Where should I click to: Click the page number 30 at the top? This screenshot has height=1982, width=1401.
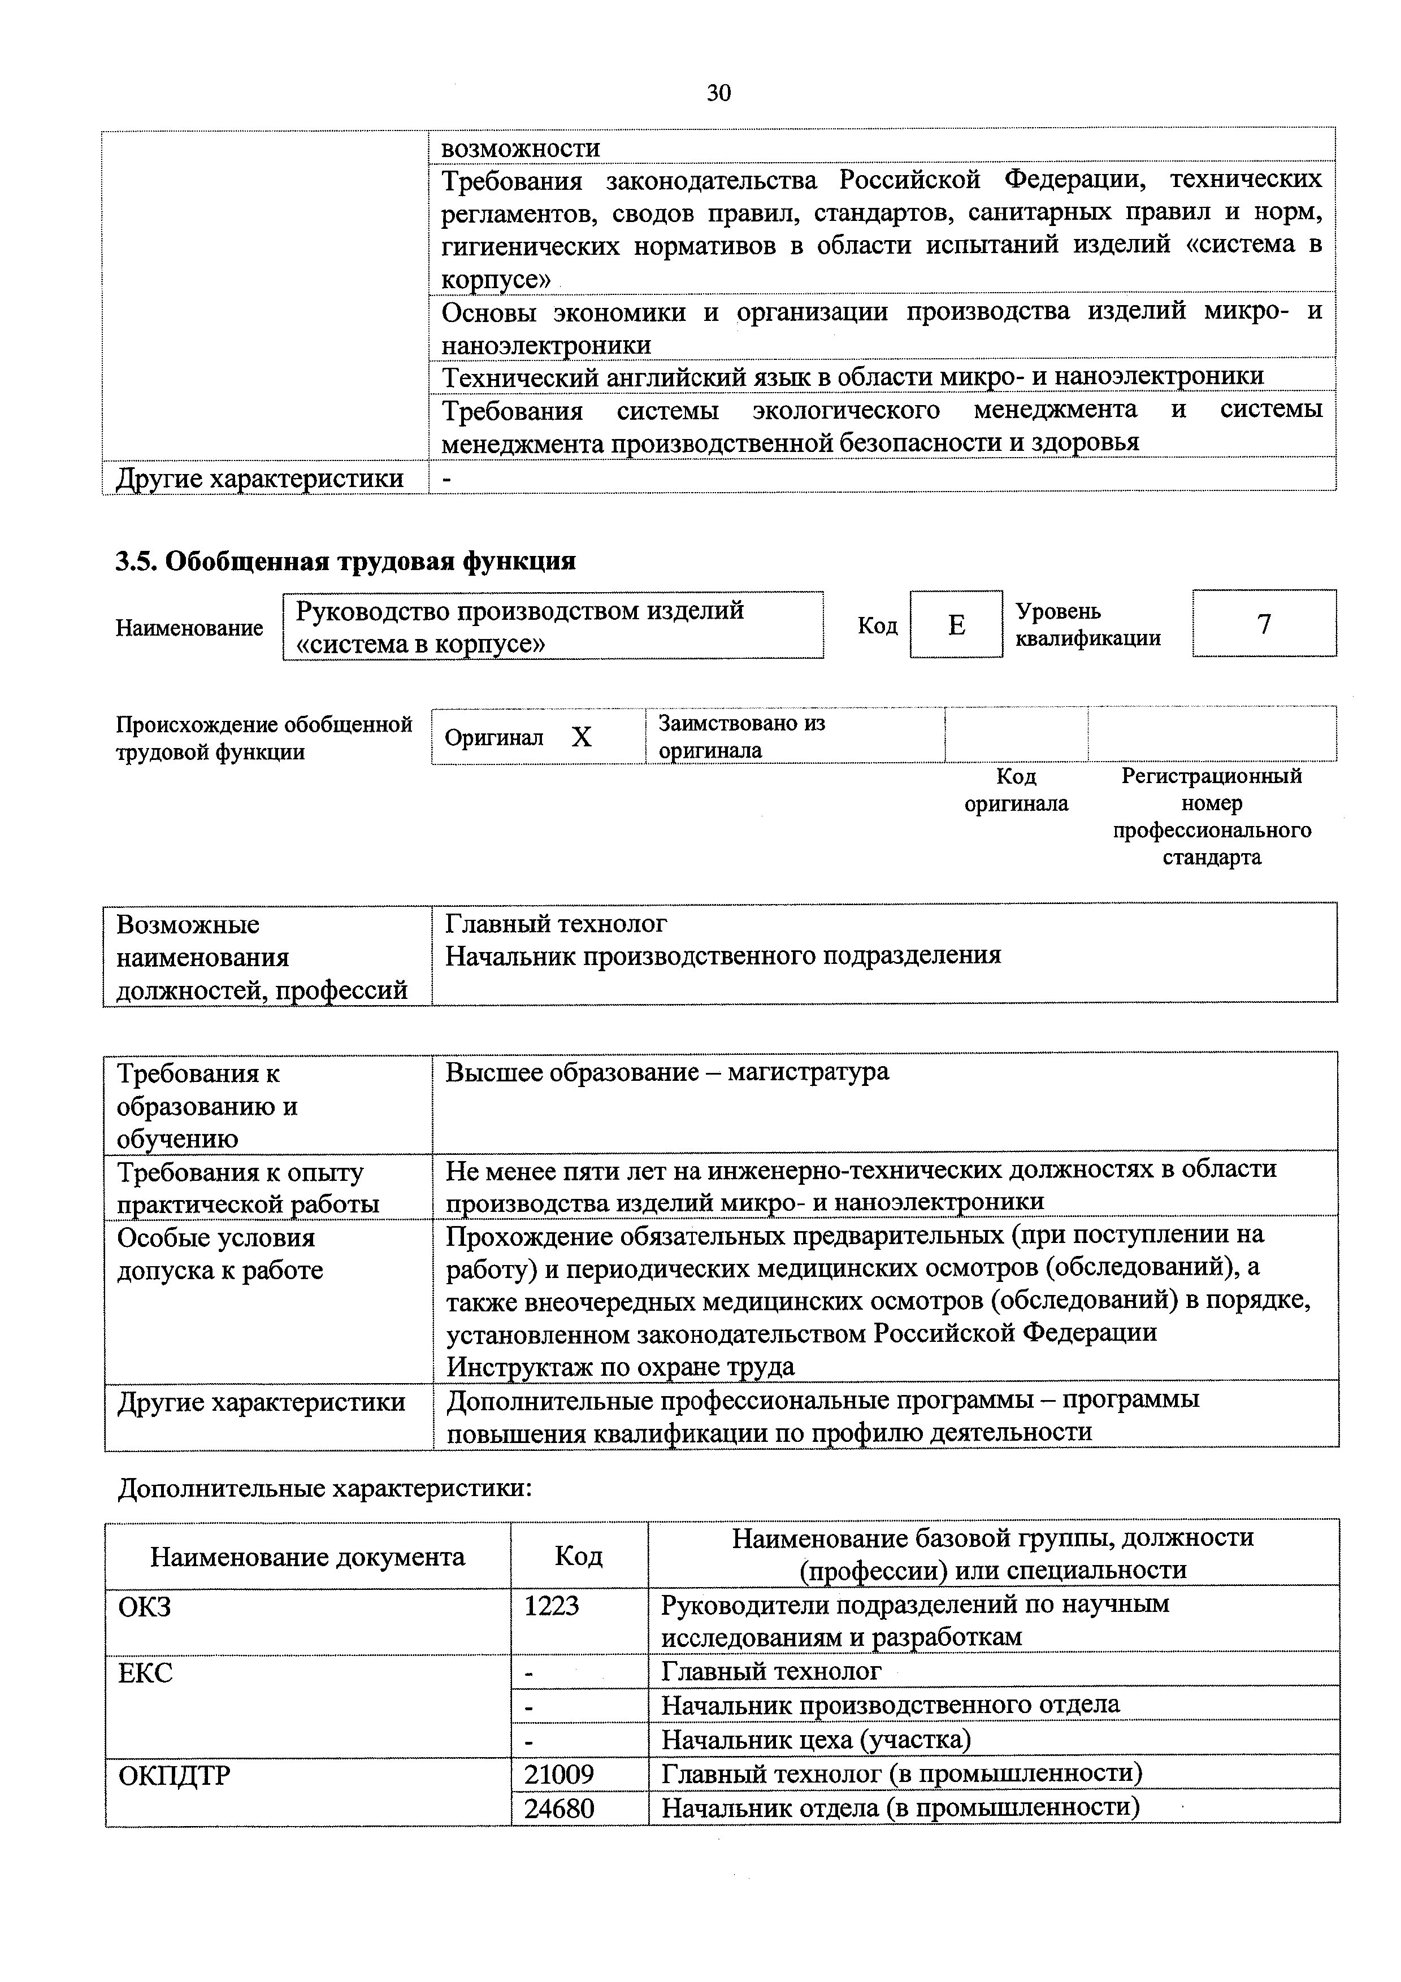click(718, 92)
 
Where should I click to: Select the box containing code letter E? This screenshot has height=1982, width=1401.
click(956, 625)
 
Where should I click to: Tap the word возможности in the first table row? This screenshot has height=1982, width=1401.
click(521, 147)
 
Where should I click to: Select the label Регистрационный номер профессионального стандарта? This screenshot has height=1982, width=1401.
click(1211, 816)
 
